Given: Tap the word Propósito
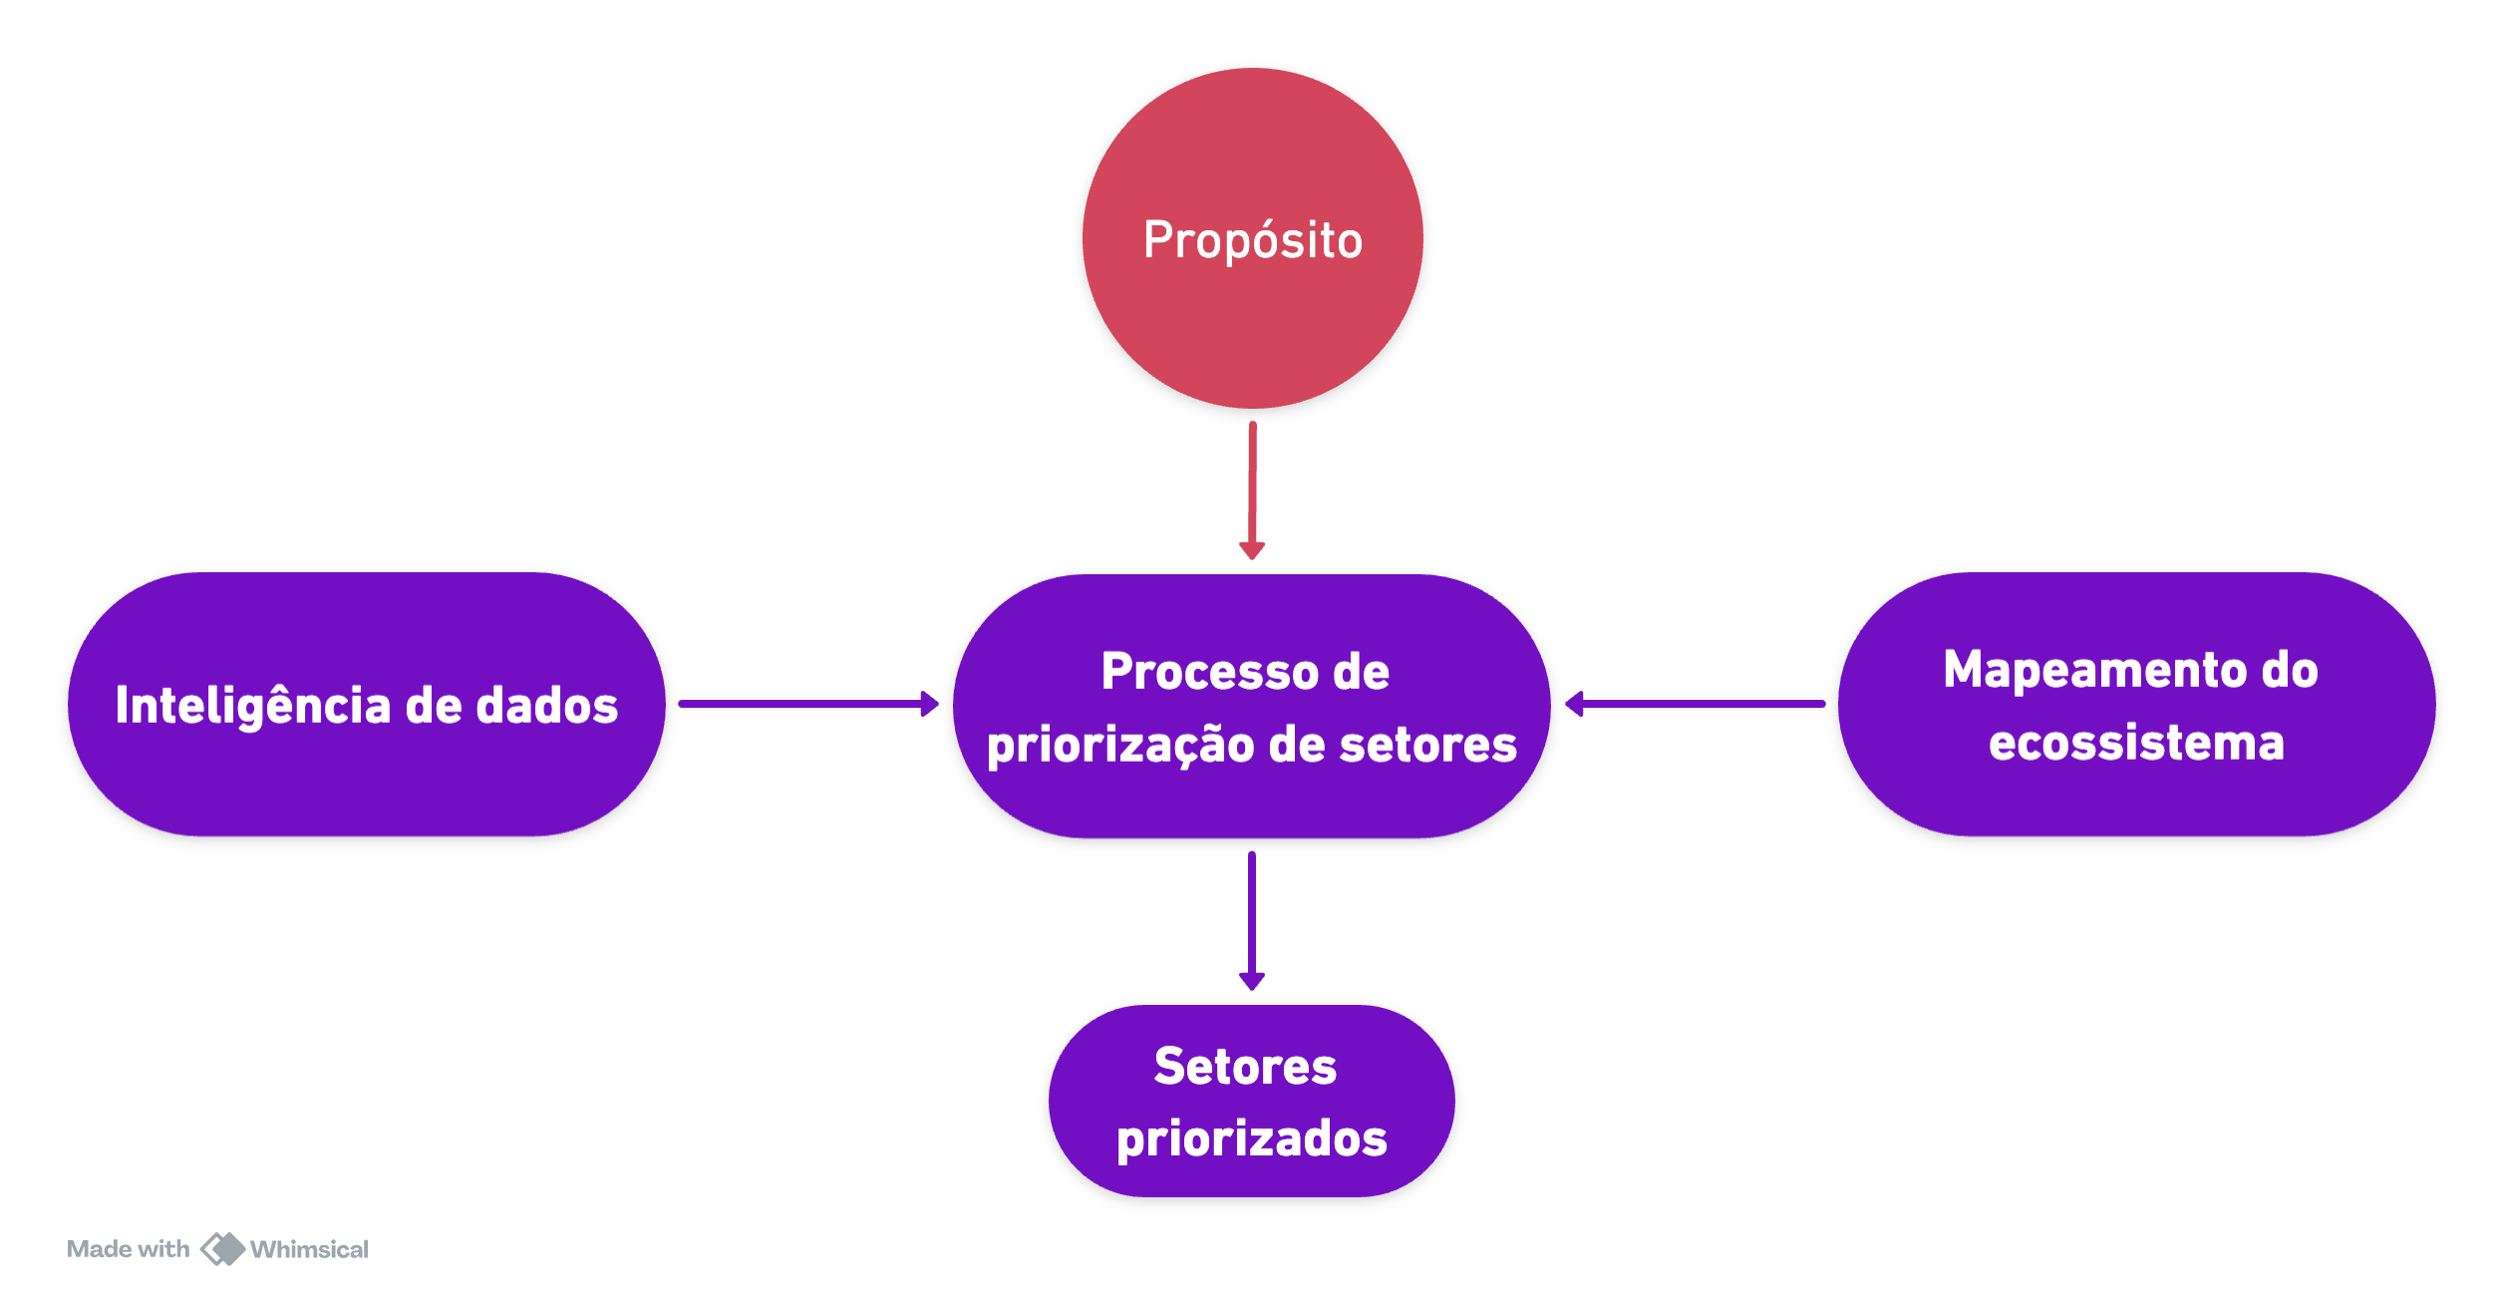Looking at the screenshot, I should [x=1252, y=240].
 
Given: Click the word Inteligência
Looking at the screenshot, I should [x=253, y=706].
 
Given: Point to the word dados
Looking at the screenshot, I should [x=546, y=706].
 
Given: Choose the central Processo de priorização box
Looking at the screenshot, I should [x=1251, y=798].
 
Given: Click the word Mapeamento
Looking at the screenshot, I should [x=2091, y=670].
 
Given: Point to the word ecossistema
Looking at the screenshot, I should [x=2135, y=743].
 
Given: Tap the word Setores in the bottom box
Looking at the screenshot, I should [x=1245, y=1067].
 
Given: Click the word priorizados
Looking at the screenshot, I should [x=1251, y=1138].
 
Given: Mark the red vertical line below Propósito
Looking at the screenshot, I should [x=1252, y=484].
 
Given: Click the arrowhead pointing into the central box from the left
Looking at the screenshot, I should [x=931, y=701].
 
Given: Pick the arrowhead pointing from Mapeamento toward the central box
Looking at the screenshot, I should [x=1574, y=701].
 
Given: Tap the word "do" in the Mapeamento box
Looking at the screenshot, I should [x=2290, y=670].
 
